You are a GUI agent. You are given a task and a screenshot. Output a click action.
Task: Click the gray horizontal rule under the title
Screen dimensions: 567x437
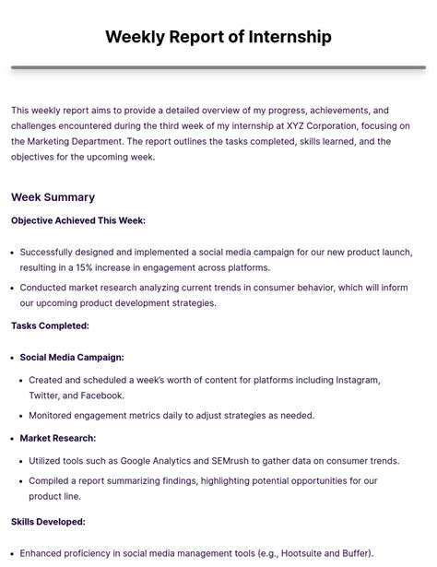(x=218, y=67)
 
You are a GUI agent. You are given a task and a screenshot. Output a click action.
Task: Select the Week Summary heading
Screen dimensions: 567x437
(x=53, y=196)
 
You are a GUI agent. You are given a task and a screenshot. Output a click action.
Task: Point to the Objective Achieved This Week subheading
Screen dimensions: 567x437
(x=78, y=220)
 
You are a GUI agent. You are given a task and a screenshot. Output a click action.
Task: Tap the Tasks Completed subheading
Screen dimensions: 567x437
(x=50, y=325)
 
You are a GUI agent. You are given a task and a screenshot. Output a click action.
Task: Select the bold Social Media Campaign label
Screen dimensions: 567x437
(x=72, y=357)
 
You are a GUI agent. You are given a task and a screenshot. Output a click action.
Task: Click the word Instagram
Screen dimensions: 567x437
(x=355, y=380)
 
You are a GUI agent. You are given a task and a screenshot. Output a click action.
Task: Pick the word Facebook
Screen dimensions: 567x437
(x=101, y=396)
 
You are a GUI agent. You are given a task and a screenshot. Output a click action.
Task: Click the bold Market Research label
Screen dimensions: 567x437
(x=58, y=438)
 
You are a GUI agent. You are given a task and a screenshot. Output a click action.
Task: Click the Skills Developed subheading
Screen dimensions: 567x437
(x=48, y=521)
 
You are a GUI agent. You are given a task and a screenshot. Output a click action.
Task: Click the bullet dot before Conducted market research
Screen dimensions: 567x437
(x=13, y=288)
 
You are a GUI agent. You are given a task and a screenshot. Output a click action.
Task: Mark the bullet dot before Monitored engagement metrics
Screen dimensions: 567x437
(x=22, y=416)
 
